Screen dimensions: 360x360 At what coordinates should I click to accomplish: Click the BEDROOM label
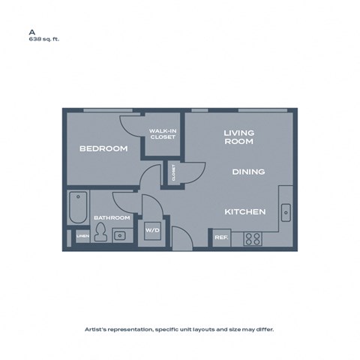pos(103,148)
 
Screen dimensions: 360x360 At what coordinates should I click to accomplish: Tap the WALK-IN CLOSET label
pos(163,135)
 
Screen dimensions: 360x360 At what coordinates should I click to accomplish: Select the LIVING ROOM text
pos(239,136)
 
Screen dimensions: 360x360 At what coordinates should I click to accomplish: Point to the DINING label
pos(248,172)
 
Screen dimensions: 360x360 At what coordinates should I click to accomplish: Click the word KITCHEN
pos(245,212)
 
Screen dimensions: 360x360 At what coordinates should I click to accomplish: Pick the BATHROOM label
pos(112,218)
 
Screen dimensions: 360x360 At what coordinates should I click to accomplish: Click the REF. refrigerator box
pos(220,238)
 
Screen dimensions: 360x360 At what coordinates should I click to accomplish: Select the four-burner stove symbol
pos(253,239)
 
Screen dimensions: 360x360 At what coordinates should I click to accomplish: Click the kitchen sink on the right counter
pos(286,212)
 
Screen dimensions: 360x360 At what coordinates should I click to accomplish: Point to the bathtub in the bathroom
pos(77,208)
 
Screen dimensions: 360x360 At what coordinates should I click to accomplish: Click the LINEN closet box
pos(82,237)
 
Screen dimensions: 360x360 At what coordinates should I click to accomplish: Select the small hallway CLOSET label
pos(174,173)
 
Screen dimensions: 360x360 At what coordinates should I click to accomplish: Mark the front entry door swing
pos(181,238)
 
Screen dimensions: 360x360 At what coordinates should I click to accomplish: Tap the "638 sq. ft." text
pos(43,40)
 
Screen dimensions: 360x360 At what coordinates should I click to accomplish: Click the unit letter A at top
pos(31,32)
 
